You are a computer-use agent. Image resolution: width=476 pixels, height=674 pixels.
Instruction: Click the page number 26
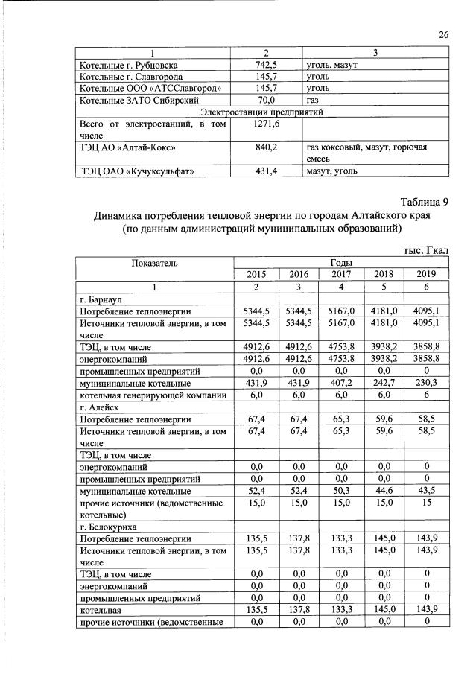coord(444,35)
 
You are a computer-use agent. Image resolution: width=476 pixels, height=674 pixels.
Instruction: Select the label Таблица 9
coord(424,202)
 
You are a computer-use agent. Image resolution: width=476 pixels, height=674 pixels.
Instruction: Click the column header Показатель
coord(155,263)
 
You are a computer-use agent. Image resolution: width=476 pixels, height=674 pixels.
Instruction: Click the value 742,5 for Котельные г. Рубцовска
coord(266,65)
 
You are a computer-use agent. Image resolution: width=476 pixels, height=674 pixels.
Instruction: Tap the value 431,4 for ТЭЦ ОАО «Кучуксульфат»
coord(266,172)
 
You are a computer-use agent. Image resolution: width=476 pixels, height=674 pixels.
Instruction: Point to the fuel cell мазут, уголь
coord(331,172)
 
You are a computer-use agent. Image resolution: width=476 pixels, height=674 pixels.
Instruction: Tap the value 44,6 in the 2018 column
coord(385,492)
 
